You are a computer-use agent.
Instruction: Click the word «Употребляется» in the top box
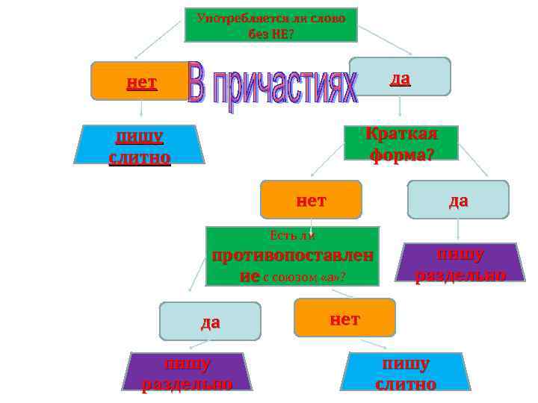[225, 18]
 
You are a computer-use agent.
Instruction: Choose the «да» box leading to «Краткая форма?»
[400, 77]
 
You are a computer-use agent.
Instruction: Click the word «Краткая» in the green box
[401, 134]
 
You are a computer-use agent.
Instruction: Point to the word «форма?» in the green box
[401, 152]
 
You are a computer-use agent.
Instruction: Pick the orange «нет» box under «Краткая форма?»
[311, 199]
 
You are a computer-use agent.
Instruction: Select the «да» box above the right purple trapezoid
[458, 199]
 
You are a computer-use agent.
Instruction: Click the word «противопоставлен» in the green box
[292, 256]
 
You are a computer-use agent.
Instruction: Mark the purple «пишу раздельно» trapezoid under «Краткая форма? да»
[460, 263]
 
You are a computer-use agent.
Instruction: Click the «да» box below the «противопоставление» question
[210, 321]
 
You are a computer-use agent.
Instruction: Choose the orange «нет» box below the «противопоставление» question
[344, 318]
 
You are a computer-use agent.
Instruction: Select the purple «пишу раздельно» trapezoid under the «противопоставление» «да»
[188, 372]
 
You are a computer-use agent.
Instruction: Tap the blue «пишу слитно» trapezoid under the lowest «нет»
[406, 372]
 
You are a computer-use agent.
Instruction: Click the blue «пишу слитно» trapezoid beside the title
[140, 146]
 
